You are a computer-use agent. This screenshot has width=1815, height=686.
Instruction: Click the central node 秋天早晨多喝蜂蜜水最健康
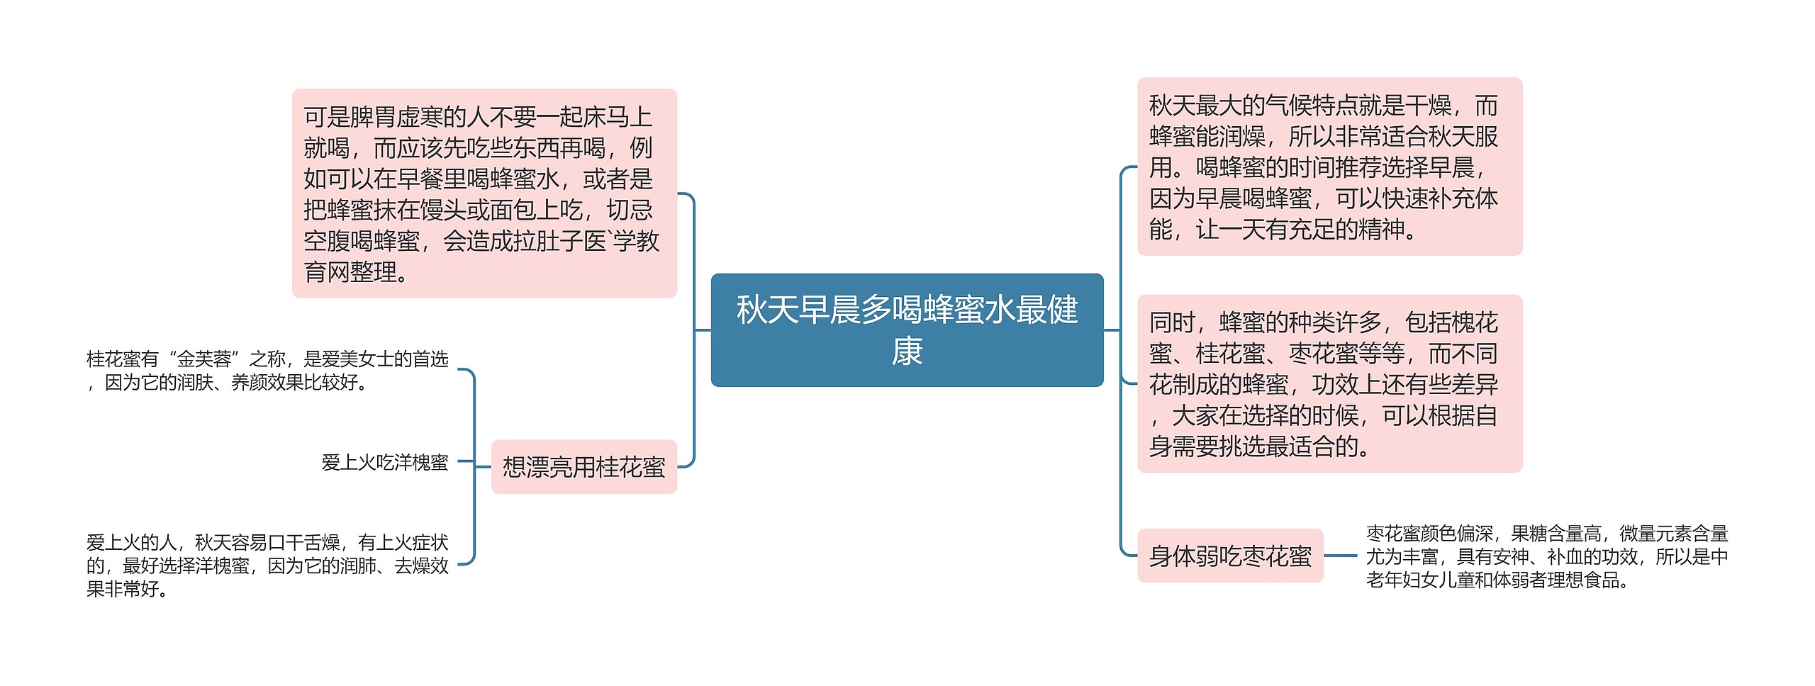coord(907,330)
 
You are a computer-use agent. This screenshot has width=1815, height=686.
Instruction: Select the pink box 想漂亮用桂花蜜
coord(583,466)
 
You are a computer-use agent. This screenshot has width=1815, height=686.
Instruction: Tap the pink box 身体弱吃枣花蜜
coord(1230,556)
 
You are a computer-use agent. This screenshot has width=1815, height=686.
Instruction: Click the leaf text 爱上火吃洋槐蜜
coord(384,462)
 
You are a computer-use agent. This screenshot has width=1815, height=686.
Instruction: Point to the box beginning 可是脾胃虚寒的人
coord(484,193)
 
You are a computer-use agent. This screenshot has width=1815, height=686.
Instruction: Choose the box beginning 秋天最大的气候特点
coord(1329,167)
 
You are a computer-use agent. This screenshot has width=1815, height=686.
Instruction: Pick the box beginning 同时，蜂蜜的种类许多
coord(1329,383)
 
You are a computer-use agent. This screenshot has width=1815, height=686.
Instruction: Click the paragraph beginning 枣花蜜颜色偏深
coord(1546,556)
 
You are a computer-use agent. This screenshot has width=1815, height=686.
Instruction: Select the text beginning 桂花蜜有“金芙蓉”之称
coord(267,371)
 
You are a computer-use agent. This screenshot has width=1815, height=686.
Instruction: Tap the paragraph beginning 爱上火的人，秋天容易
coord(267,565)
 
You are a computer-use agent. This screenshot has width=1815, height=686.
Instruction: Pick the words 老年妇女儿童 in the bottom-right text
coord(1419,580)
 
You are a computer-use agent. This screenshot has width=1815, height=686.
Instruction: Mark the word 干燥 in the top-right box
coord(1428,106)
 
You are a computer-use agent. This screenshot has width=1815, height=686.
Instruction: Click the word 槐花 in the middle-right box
coord(1475,322)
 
